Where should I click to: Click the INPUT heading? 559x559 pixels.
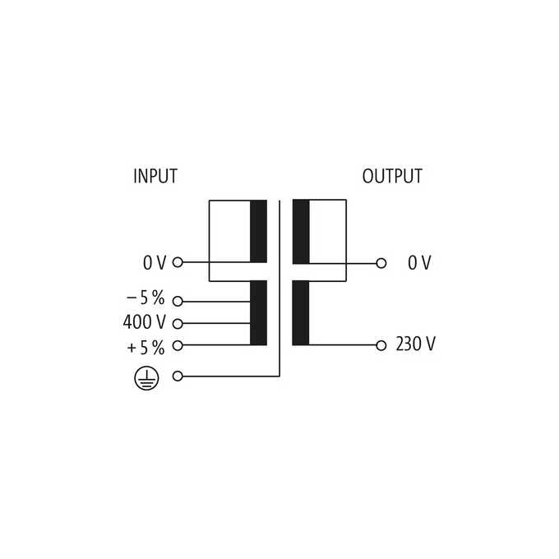[155, 176]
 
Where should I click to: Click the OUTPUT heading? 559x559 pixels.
[392, 176]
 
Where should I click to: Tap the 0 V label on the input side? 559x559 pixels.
[155, 263]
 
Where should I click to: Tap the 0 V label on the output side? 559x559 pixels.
[419, 263]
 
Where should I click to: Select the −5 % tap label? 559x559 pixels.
[146, 298]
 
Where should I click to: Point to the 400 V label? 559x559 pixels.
[145, 322]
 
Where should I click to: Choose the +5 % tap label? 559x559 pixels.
[146, 348]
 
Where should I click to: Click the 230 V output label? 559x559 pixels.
[416, 344]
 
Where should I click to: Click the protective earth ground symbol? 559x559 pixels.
[146, 378]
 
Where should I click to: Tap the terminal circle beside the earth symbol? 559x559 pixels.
[178, 377]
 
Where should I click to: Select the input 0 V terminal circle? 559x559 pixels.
[178, 262]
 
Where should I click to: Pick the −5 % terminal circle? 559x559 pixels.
[178, 301]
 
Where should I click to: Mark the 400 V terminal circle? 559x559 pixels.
[178, 324]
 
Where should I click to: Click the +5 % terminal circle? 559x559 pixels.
[178, 345]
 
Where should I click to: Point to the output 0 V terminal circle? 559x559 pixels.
[381, 263]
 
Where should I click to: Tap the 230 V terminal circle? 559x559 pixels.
[381, 345]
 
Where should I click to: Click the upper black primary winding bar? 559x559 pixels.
[258, 231]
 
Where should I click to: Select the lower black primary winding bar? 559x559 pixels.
[258, 313]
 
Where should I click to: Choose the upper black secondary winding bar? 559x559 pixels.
[301, 232]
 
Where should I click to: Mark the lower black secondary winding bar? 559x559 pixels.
[301, 313]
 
